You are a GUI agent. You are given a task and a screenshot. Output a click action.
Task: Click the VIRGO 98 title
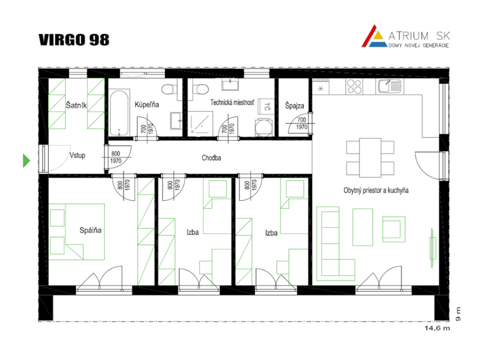[74, 40]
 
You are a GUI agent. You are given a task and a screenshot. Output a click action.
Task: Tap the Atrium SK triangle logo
[374, 37]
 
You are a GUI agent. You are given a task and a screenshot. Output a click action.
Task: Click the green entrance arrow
[27, 160]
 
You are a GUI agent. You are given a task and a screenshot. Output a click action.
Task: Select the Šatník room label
[76, 105]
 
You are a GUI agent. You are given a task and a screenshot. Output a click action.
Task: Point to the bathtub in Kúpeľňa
[119, 112]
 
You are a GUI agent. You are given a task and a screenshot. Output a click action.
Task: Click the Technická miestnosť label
[233, 102]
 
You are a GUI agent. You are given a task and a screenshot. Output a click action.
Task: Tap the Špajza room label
[295, 106]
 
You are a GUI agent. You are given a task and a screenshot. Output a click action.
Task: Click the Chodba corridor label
[212, 158]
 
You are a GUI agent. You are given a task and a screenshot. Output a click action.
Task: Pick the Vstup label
[77, 155]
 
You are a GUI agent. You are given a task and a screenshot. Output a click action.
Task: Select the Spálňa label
[90, 230]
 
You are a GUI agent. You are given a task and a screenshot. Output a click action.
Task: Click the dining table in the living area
[370, 158]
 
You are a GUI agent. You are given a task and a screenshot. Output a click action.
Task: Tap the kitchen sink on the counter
[389, 86]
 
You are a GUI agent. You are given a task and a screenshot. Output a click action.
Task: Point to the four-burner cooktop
[354, 86]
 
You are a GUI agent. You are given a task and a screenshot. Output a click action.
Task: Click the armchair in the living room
[394, 229]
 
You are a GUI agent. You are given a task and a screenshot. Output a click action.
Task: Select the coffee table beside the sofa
[363, 227]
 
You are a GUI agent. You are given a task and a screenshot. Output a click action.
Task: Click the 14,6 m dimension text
[437, 328]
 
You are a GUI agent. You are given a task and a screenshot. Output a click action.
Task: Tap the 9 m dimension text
[458, 314]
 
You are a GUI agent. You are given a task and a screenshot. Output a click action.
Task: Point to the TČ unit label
[267, 107]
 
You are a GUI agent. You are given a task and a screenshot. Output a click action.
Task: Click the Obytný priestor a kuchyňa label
[376, 191]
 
